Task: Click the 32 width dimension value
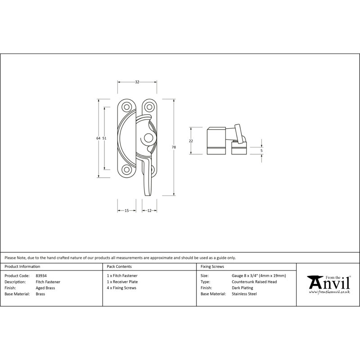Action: (137, 82)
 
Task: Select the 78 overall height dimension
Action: (174, 147)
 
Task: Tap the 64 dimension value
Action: (98, 138)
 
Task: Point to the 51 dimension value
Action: (104, 138)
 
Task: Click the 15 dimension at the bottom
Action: (127, 210)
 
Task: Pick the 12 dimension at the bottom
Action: (149, 210)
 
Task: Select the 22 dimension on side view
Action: (191, 141)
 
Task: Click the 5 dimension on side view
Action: (261, 151)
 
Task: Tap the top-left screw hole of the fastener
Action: (126, 107)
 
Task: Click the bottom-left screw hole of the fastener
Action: (126, 170)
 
